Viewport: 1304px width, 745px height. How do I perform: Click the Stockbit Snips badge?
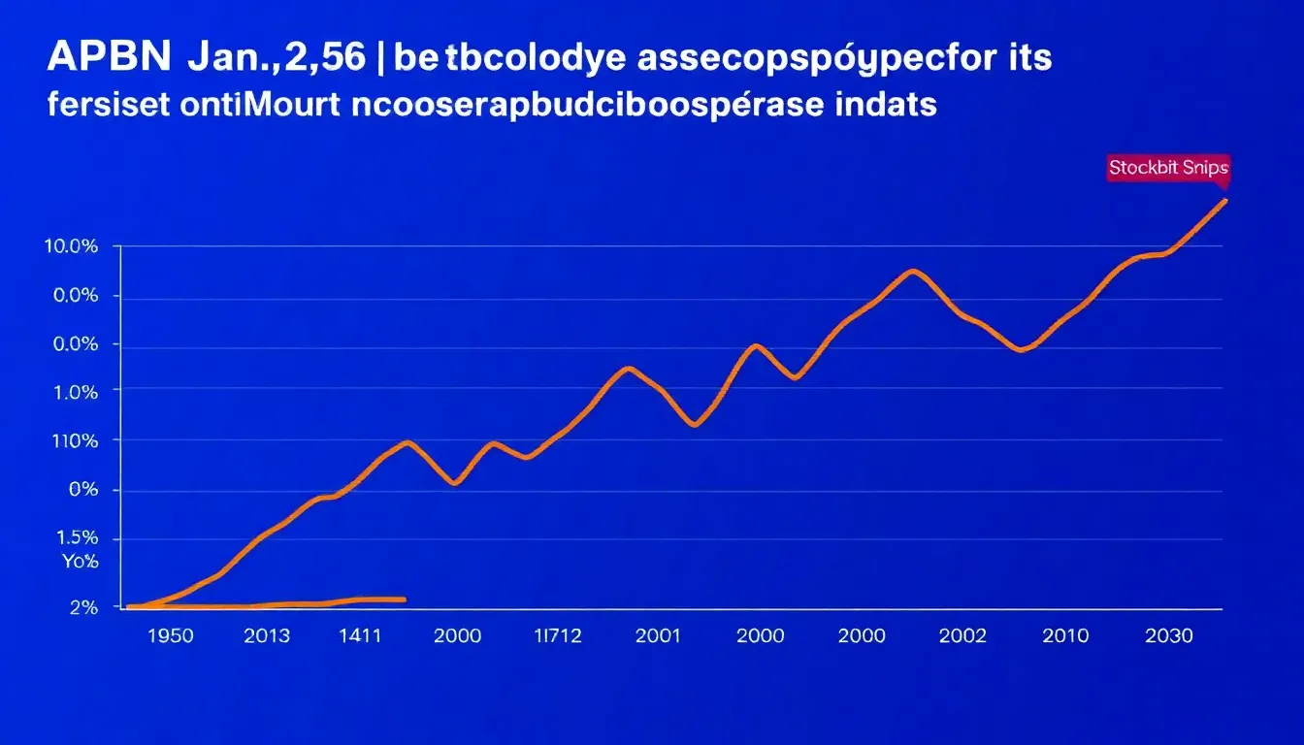(1168, 168)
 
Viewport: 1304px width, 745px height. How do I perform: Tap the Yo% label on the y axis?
(81, 561)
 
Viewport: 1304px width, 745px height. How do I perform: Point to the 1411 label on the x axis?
(361, 636)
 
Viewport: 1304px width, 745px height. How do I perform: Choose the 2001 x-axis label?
(657, 636)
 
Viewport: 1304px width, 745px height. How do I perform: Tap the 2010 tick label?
(1066, 636)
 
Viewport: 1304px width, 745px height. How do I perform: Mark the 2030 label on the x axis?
(1168, 636)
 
